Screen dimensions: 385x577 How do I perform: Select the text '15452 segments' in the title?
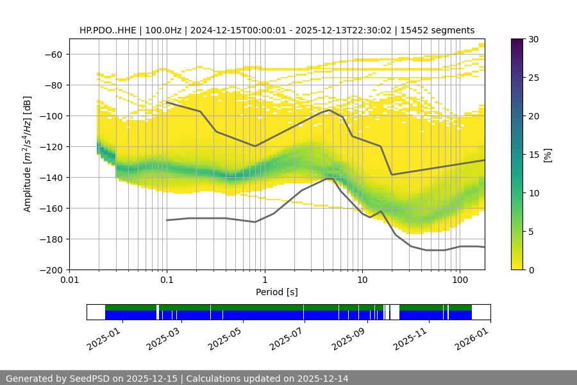point(442,30)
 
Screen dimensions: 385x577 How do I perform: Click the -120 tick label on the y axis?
point(53,146)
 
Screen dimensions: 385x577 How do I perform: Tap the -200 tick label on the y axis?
point(53,269)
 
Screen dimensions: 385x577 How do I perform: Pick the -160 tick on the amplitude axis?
point(53,208)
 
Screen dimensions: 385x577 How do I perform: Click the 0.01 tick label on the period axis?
point(69,280)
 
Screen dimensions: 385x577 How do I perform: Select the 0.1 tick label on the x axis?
point(167,280)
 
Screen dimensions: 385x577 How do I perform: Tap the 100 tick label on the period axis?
point(460,280)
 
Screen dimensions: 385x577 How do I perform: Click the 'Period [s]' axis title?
point(277,292)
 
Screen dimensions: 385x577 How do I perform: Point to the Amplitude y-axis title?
point(28,154)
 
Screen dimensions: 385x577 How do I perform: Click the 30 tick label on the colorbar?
point(532,39)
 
